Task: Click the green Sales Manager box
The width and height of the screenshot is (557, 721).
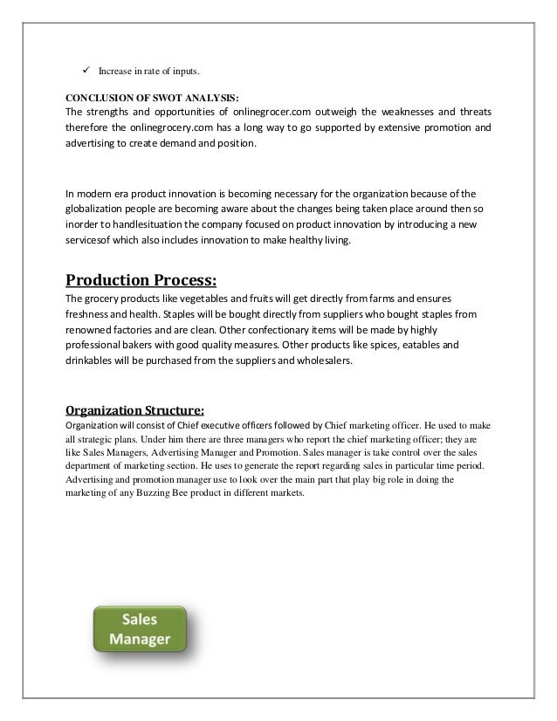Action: (139, 628)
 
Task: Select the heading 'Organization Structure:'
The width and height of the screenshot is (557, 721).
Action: (135, 405)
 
